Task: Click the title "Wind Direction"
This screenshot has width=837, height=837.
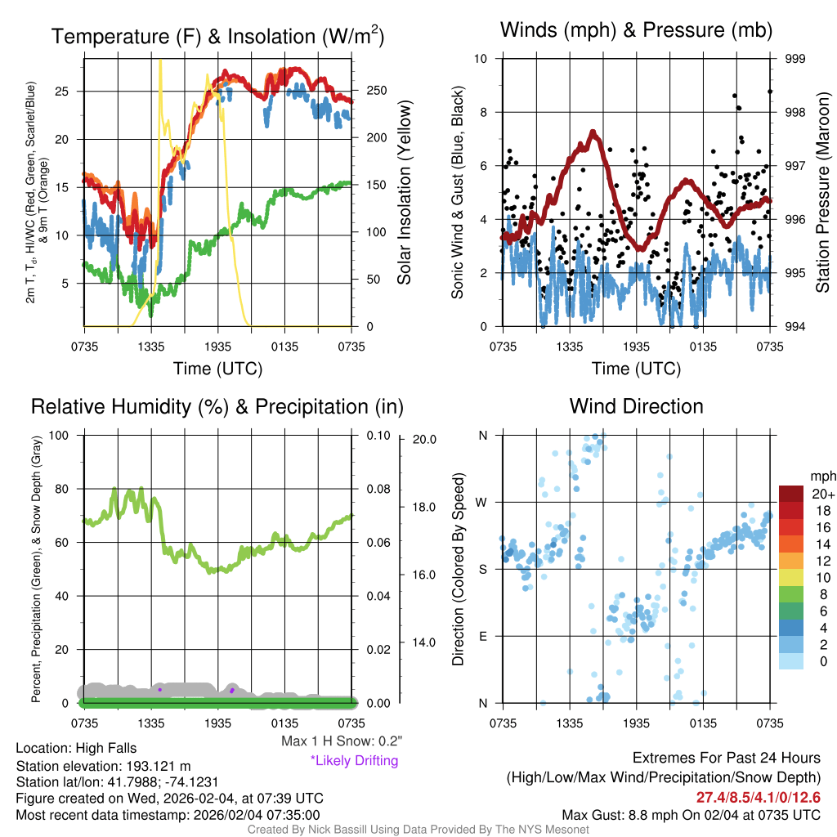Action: pyautogui.click(x=636, y=406)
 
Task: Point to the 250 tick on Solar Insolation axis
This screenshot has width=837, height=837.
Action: pyautogui.click(x=369, y=91)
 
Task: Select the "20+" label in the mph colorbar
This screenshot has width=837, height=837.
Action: pyautogui.click(x=820, y=494)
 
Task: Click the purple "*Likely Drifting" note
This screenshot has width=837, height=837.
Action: pyautogui.click(x=354, y=760)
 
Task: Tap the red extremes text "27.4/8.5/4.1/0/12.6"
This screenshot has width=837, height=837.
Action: pyautogui.click(x=758, y=798)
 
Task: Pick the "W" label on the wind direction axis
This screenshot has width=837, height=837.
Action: pyautogui.click(x=482, y=502)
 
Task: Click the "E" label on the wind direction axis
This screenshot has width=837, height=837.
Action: pyautogui.click(x=482, y=636)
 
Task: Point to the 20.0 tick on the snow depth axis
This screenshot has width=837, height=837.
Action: pyautogui.click(x=423, y=439)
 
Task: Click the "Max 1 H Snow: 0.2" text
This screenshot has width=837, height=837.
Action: pyautogui.click(x=341, y=741)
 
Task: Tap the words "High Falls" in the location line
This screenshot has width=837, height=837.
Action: pyautogui.click(x=105, y=748)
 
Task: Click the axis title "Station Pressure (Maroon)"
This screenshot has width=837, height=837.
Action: pyautogui.click(x=823, y=193)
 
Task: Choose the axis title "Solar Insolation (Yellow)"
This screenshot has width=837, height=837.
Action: pyautogui.click(x=404, y=193)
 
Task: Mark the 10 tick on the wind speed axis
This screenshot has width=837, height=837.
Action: pyautogui.click(x=481, y=59)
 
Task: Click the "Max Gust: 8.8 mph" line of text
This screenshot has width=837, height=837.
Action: pyautogui.click(x=691, y=815)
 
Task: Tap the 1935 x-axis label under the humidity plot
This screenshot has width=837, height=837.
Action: pyautogui.click(x=217, y=723)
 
